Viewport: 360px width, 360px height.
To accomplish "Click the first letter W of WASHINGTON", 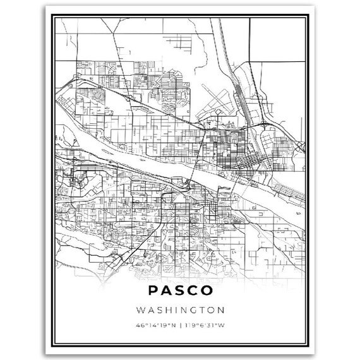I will [x=140, y=310].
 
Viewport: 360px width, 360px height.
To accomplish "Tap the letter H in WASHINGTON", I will [x=166, y=310].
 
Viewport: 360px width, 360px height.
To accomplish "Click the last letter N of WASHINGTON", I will [x=219, y=310].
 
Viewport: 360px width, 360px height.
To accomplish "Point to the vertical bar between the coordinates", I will [x=179, y=326].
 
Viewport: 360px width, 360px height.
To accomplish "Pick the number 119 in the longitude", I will [x=188, y=326].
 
